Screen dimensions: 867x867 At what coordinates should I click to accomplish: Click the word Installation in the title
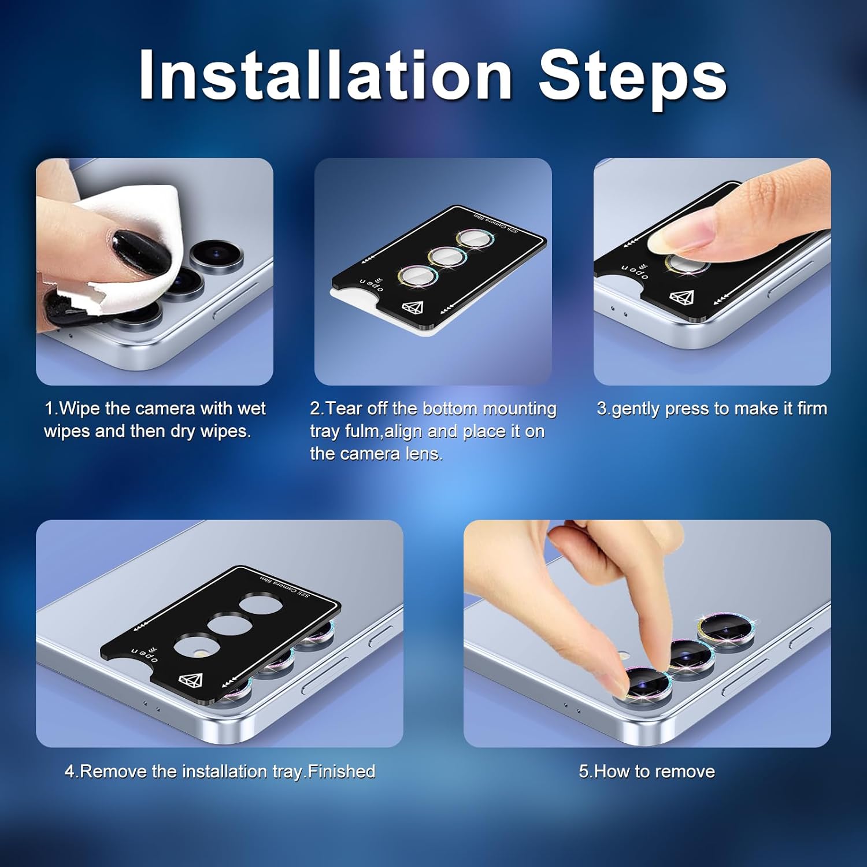[325, 76]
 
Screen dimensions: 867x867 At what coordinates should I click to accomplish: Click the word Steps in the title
[632, 79]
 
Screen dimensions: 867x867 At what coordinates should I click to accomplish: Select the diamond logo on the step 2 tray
[413, 307]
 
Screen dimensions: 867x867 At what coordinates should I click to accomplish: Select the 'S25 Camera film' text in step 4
[284, 586]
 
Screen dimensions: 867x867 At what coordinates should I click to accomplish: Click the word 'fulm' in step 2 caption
[362, 431]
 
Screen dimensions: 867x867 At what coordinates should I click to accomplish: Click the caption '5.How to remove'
[647, 772]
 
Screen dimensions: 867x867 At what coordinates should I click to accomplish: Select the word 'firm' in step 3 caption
[812, 409]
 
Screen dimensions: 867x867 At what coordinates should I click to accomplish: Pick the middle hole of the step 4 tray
[231, 627]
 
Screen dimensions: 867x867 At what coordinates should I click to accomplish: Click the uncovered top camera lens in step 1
[216, 254]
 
